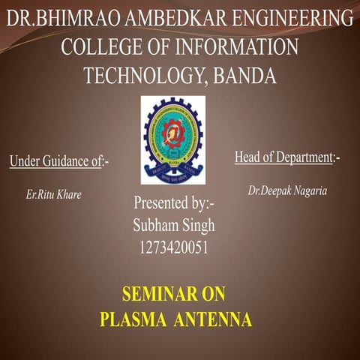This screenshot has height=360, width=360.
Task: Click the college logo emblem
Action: [x=173, y=139]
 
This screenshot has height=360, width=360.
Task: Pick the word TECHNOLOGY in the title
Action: [x=142, y=76]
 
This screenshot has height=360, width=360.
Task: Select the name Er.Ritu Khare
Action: [x=54, y=194]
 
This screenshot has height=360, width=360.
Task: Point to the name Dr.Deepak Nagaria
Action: [x=287, y=191]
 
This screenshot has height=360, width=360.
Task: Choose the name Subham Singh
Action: [x=173, y=225]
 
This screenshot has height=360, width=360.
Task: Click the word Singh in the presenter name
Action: [x=196, y=225]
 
